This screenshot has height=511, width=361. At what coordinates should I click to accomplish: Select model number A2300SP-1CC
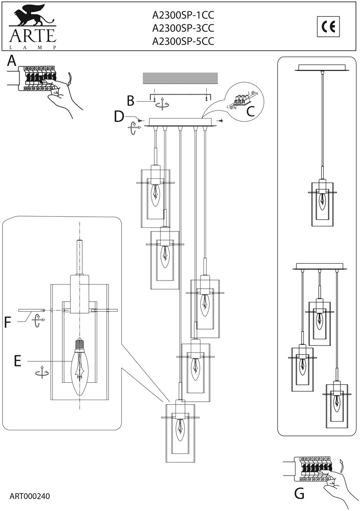click(183, 15)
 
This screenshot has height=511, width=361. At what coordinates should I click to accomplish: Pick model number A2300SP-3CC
click(183, 28)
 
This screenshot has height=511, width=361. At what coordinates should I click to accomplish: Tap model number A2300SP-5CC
click(183, 41)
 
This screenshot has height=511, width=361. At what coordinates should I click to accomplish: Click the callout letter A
click(12, 60)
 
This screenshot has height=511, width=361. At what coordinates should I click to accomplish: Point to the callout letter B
click(130, 101)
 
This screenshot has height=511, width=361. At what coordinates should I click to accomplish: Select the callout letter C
click(251, 111)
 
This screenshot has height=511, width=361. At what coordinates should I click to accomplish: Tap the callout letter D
click(119, 117)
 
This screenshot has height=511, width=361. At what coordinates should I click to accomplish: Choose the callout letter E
click(17, 361)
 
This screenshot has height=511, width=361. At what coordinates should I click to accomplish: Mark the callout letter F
click(8, 322)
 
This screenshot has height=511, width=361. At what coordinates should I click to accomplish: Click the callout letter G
click(299, 494)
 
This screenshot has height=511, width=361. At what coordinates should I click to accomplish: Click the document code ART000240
click(30, 496)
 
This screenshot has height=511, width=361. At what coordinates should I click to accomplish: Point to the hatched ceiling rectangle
click(180, 78)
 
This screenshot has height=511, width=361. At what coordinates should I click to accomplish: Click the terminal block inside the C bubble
click(240, 100)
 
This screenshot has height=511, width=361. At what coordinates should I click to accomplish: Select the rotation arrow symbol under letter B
click(162, 105)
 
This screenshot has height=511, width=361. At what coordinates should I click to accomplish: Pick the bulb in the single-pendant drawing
click(322, 202)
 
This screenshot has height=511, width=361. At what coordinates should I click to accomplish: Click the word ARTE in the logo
click(33, 35)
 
